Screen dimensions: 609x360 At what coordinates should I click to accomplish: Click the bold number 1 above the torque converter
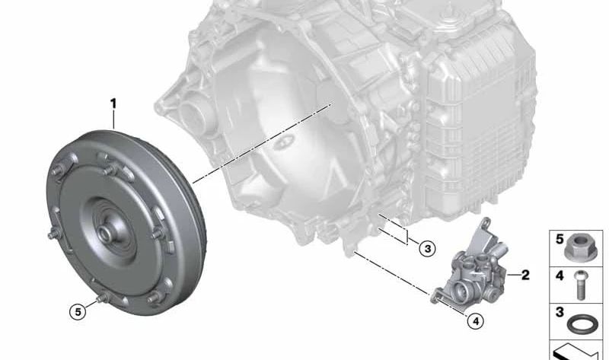click(x=113, y=104)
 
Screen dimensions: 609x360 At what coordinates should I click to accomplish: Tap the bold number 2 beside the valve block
click(x=525, y=275)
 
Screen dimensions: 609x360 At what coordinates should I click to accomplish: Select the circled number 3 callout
click(x=428, y=249)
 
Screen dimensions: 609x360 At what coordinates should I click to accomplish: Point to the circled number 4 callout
click(x=476, y=321)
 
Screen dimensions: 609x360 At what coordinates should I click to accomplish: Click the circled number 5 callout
click(x=78, y=312)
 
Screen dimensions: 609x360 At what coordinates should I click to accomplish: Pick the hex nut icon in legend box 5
click(x=575, y=247)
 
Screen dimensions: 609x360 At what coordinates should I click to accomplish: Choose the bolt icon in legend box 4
click(x=581, y=285)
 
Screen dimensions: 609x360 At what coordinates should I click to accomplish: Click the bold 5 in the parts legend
click(x=560, y=239)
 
